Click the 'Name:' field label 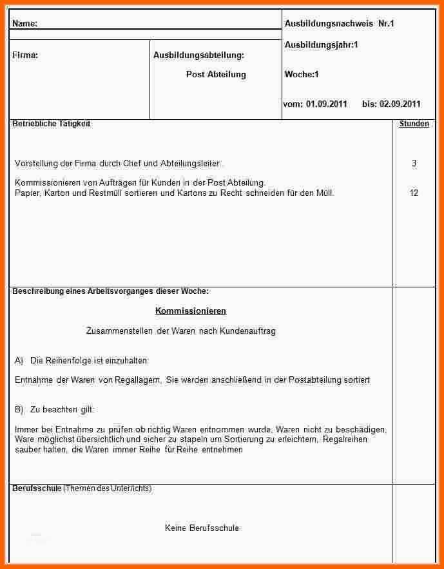tap(24, 24)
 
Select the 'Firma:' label tap(25, 55)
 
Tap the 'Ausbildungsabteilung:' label tap(198, 55)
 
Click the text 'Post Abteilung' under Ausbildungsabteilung tap(216, 75)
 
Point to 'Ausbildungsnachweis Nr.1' tap(339, 24)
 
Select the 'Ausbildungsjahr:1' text tap(321, 45)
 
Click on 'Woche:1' tap(302, 75)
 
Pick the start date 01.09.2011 tap(326, 104)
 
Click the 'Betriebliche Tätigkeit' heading tap(51, 124)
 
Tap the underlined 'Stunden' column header tap(414, 124)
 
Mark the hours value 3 tap(414, 164)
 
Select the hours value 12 tap(414, 193)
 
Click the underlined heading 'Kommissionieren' tap(191, 311)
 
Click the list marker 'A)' tap(19, 361)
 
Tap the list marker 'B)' tap(19, 410)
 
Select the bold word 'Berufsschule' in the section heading tap(37, 488)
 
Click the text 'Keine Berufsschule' tap(202, 528)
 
